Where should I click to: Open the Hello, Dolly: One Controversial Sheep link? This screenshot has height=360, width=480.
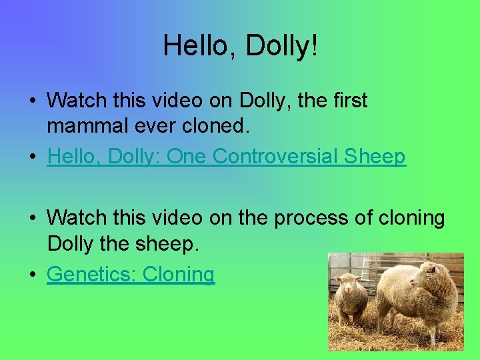[x=226, y=157]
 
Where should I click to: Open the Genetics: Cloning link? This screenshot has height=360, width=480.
[x=131, y=274]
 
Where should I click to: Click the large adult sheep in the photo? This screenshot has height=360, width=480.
[x=413, y=293]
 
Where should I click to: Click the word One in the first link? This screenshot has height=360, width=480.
[x=187, y=157]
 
